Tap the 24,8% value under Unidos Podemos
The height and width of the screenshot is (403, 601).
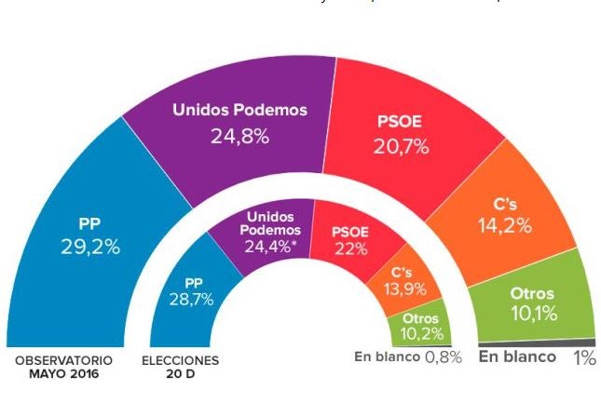coord(239,136)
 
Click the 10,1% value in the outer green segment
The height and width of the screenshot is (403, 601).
coord(532,314)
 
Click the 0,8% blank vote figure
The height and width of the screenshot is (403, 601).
coord(443,357)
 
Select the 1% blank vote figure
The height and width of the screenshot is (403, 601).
coord(583,357)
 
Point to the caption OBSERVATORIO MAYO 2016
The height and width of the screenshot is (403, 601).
coord(63,367)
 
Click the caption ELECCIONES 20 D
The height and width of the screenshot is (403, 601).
coord(180,367)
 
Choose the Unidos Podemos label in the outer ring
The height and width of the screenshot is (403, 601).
coord(239,110)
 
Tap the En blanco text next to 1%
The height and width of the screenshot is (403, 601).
coord(517,356)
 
